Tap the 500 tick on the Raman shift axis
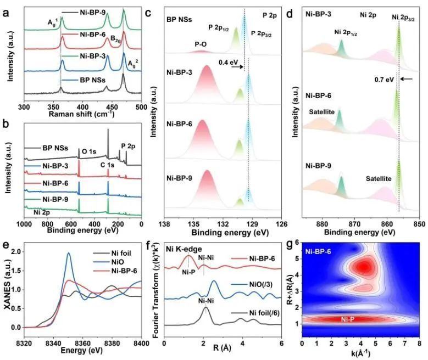coord(141,107)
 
